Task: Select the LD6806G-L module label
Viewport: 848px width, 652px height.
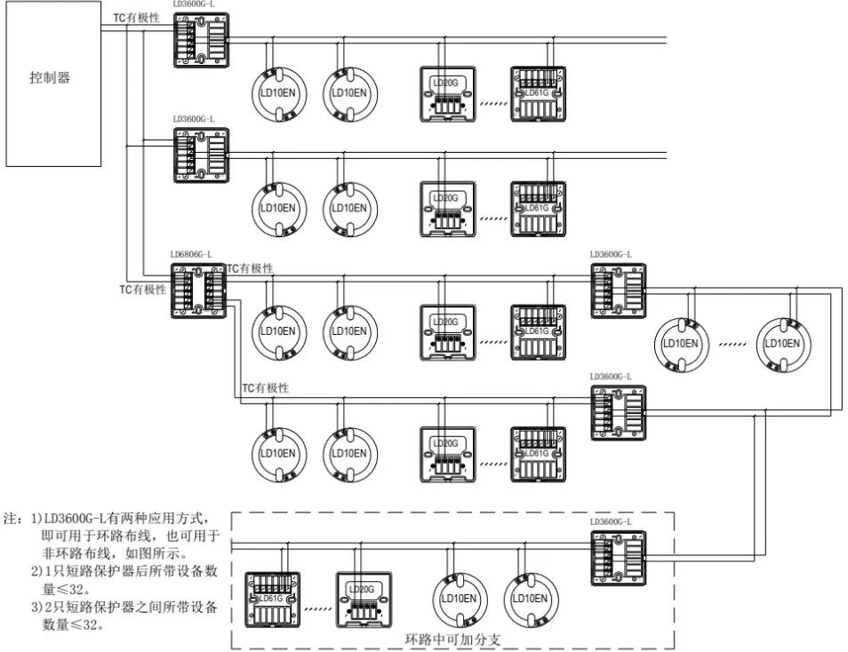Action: pyautogui.click(x=191, y=254)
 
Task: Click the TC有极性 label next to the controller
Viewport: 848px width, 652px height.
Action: pyautogui.click(x=136, y=18)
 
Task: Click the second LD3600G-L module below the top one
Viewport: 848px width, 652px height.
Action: pyautogui.click(x=201, y=155)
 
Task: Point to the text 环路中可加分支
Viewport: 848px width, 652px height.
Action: pyautogui.click(x=452, y=638)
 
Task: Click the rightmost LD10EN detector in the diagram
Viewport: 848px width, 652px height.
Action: pyautogui.click(x=783, y=343)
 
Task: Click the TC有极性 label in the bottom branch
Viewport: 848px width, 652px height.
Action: pyautogui.click(x=265, y=388)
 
